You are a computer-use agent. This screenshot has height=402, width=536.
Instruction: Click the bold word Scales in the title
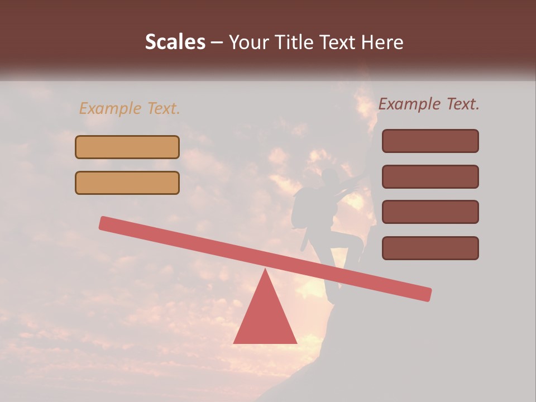175,42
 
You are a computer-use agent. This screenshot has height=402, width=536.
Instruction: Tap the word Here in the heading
381,42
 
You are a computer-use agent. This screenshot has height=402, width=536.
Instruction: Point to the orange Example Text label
130,109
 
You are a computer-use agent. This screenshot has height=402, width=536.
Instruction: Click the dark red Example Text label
429,104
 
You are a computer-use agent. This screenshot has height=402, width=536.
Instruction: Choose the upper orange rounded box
127,147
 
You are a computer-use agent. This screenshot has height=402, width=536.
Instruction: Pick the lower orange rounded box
127,183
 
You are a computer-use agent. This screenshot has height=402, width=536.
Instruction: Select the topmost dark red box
430,141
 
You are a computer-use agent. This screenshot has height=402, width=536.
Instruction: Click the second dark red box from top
430,177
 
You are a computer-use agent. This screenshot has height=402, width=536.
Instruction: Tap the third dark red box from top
430,212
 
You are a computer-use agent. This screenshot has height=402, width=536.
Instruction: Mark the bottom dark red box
430,248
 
